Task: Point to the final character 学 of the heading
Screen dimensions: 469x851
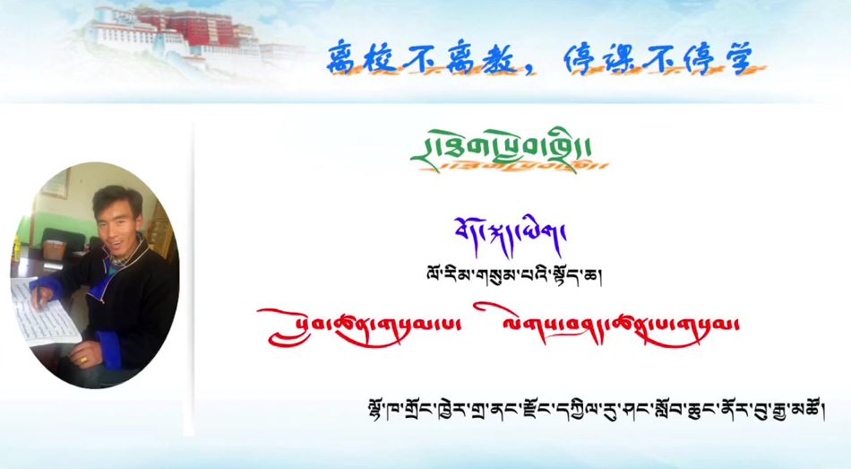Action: point(746,58)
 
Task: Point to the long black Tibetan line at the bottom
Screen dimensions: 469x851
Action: point(589,412)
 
